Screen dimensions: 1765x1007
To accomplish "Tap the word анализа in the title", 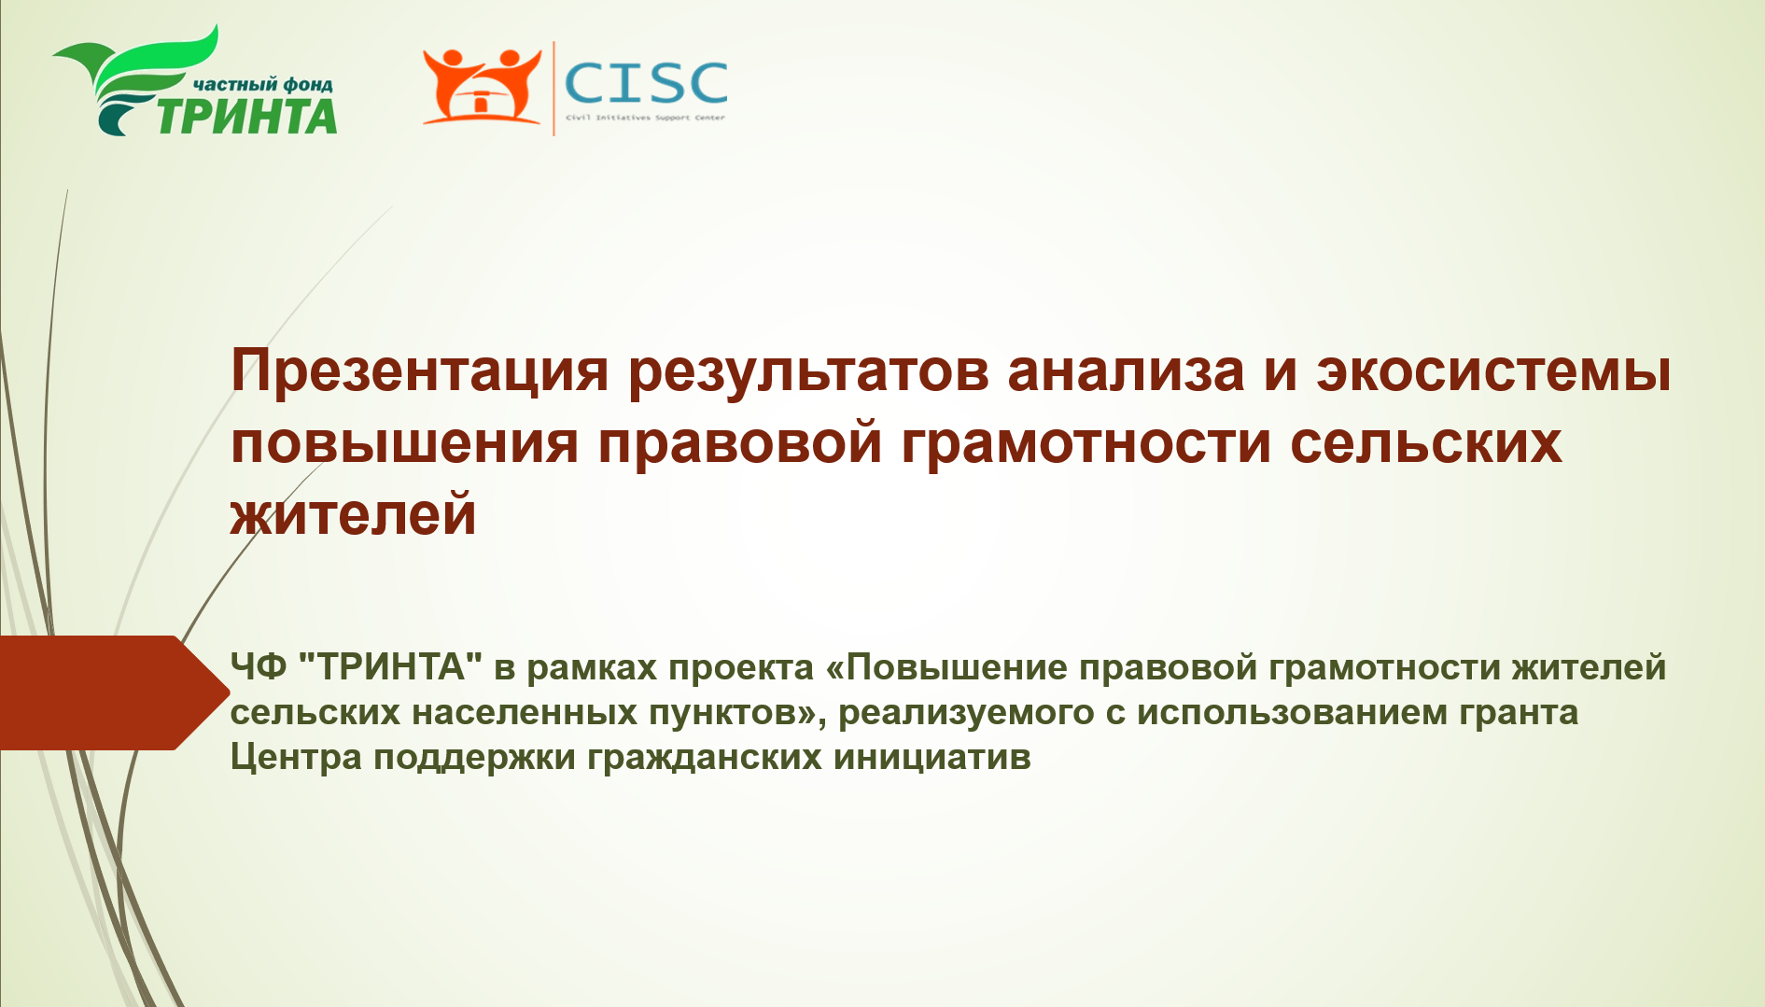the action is [x=1126, y=371].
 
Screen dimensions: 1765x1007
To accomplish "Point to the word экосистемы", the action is [x=1493, y=371].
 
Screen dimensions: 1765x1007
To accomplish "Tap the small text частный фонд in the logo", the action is [x=262, y=84].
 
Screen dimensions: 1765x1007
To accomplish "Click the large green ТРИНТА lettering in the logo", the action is [x=245, y=116].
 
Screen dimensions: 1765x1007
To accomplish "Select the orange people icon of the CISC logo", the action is [x=482, y=86].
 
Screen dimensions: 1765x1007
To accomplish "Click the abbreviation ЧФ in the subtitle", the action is [x=259, y=667].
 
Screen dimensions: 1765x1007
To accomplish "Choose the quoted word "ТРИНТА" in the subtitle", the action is [x=391, y=666].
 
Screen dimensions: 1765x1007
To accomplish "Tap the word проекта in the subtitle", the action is [x=741, y=668].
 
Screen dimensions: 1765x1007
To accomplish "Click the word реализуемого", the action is [x=966, y=714].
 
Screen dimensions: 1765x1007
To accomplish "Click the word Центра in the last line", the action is [x=296, y=757].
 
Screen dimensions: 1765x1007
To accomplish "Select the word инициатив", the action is [x=932, y=758].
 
